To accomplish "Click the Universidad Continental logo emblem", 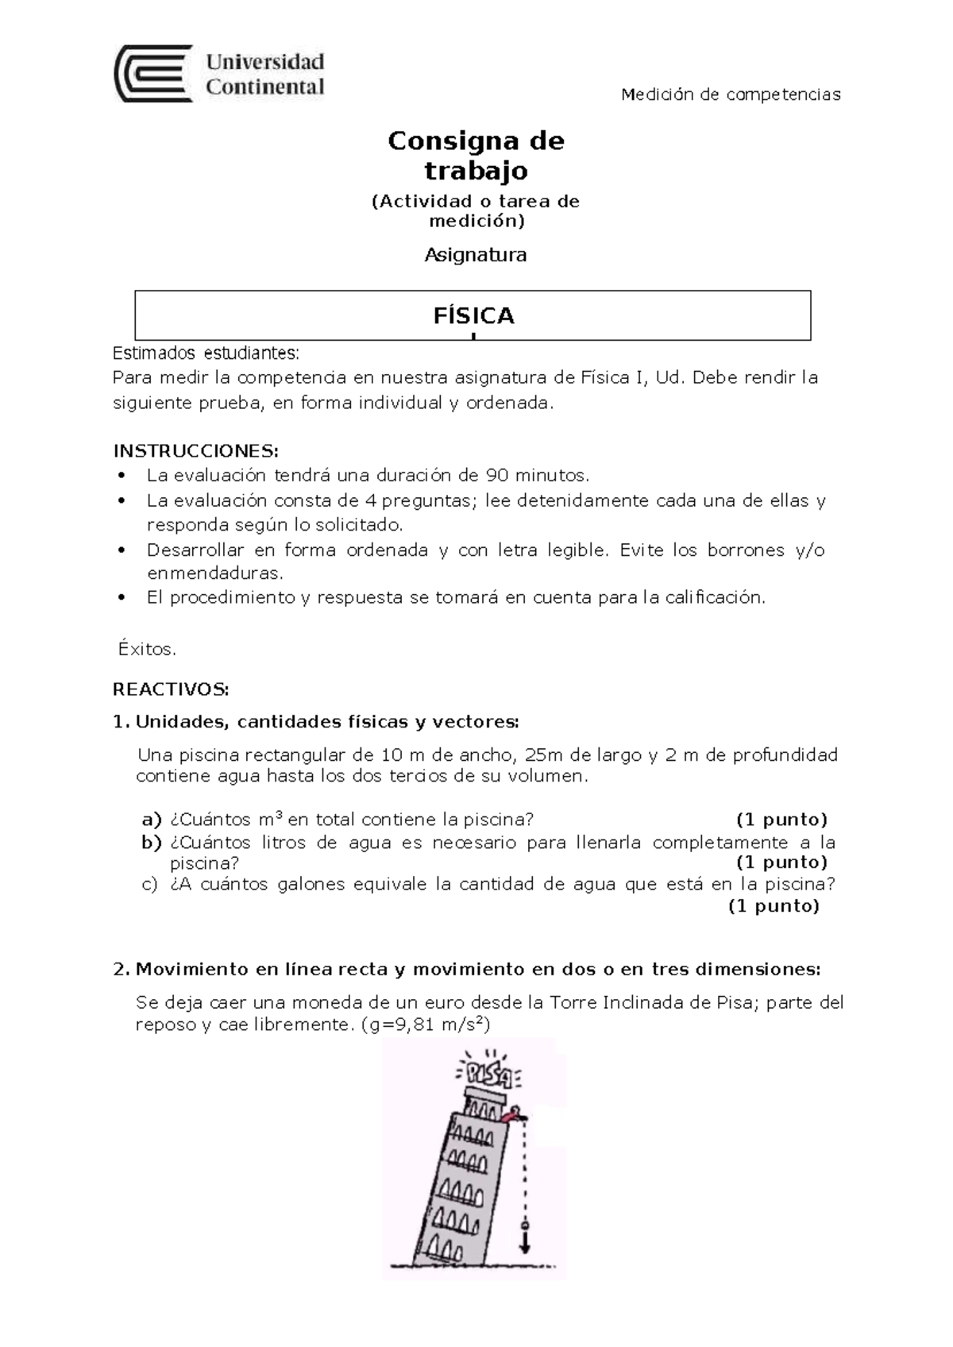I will click(153, 74).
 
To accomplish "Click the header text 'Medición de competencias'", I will click(730, 95).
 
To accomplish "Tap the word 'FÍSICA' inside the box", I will click(473, 316).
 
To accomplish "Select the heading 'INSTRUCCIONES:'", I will click(196, 451).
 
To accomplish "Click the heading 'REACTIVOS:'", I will click(171, 688).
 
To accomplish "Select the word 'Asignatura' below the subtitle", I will click(475, 255).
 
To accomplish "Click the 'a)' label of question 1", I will click(151, 820).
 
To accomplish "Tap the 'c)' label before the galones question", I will click(150, 884).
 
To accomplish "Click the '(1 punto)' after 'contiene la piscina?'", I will click(781, 820).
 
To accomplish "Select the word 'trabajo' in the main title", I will click(475, 171).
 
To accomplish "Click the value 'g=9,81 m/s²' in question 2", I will click(426, 1025).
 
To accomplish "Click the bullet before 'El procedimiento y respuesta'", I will click(122, 598).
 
